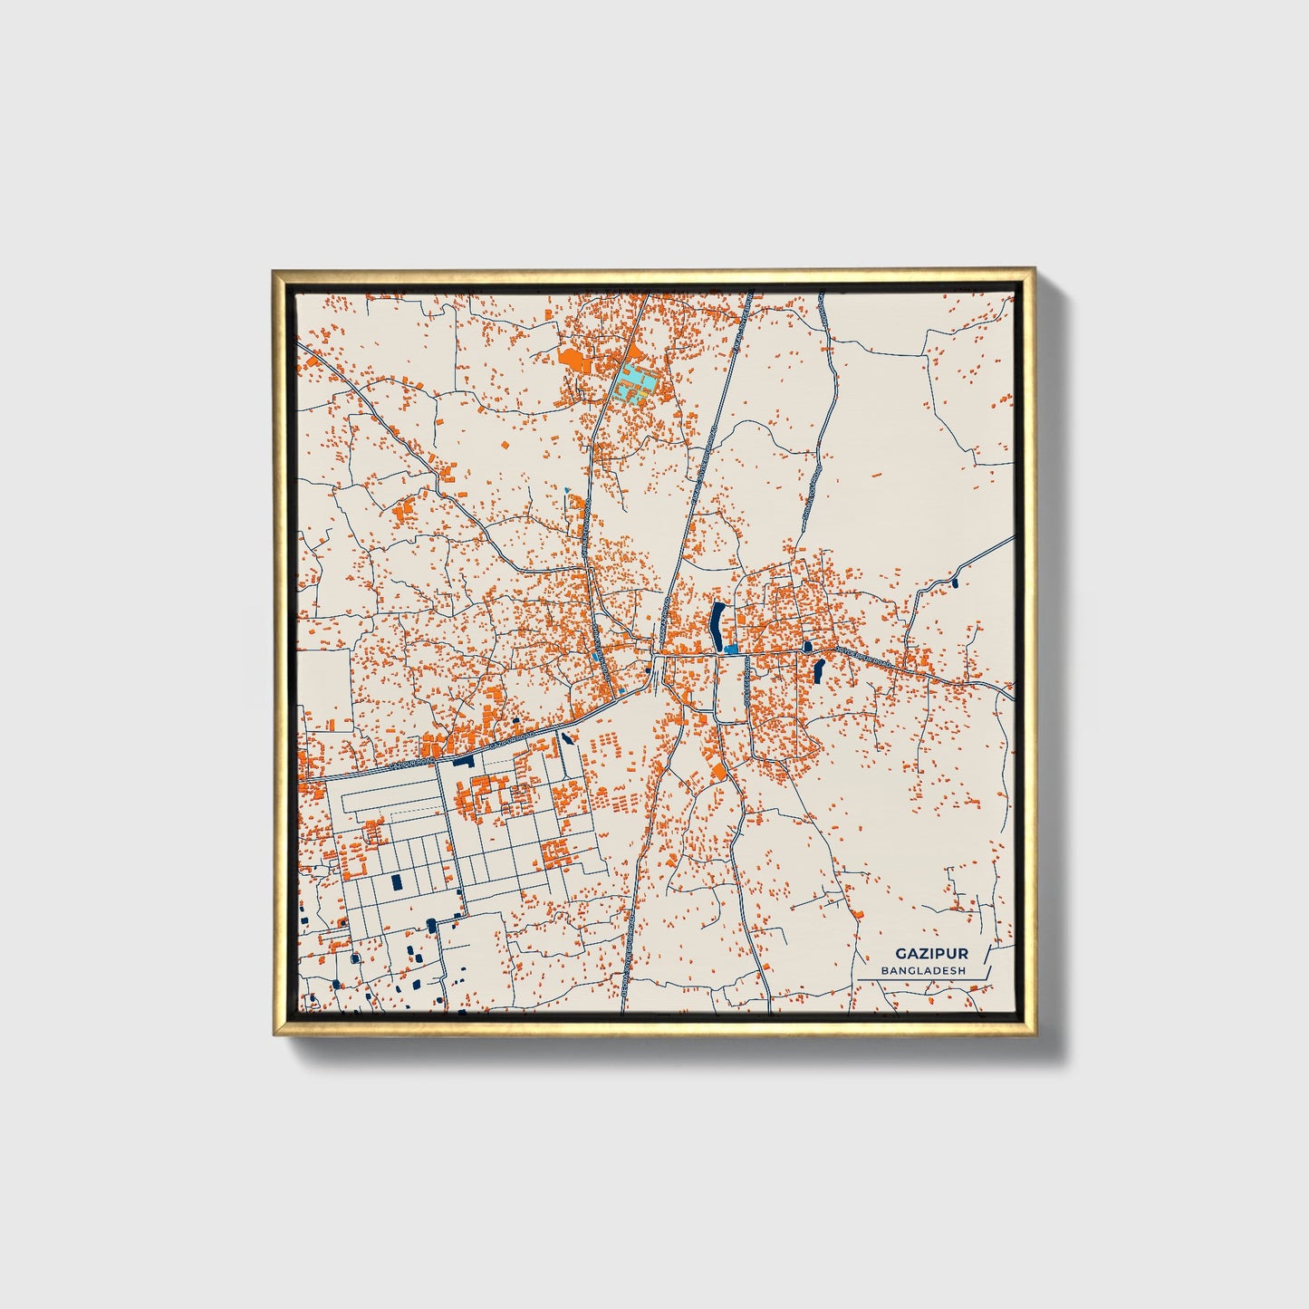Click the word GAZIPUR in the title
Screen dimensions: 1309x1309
931,953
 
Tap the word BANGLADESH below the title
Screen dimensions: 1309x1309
924,970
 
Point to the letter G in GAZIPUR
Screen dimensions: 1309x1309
900,953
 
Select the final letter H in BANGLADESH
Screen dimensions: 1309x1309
962,970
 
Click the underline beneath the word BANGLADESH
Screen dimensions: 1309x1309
924,978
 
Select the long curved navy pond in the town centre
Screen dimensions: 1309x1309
717,625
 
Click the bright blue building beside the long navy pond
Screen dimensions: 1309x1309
730,650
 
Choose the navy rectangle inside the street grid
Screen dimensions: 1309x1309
395,881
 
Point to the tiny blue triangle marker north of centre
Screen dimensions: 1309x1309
567,491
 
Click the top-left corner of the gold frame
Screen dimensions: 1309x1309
274,270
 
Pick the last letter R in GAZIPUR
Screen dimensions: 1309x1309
963,953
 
